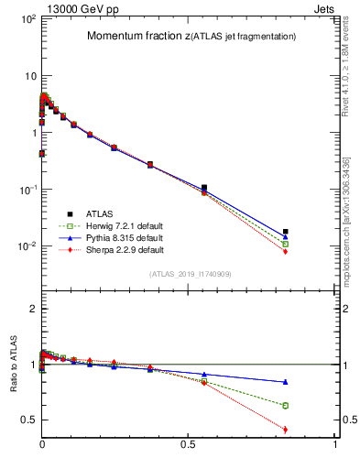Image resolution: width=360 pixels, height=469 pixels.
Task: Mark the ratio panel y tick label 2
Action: [31, 309]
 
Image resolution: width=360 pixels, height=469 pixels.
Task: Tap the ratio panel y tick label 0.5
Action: [27, 420]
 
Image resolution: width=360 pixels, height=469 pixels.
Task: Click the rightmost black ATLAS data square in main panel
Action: [286, 232]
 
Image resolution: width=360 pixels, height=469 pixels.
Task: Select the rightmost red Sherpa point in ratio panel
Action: [286, 430]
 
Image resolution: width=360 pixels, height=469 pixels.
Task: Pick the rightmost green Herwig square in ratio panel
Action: [286, 405]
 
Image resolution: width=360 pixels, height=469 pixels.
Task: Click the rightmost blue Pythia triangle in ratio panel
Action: [286, 382]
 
